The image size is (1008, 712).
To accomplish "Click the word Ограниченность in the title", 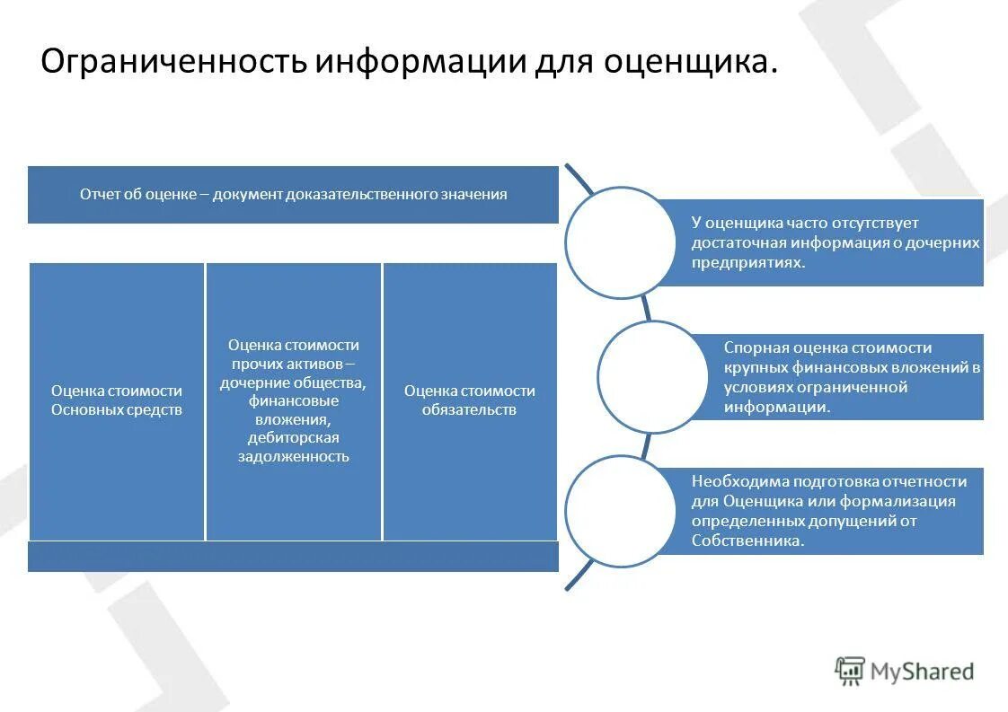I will click(174, 62).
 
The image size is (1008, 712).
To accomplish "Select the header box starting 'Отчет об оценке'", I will click(293, 195).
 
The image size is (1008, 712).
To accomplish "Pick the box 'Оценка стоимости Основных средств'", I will click(117, 401).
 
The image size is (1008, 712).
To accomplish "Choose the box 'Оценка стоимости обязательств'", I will click(470, 401).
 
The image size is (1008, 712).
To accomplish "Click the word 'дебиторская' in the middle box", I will click(294, 438).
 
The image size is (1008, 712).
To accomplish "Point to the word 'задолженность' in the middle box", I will click(294, 457).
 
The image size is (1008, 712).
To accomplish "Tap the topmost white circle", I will click(620, 242).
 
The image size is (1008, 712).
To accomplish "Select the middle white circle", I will click(652, 376).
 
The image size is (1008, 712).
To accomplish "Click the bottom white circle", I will click(620, 511).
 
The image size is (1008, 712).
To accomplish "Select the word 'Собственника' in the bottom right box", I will click(746, 541).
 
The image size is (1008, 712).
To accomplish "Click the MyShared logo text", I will click(922, 671).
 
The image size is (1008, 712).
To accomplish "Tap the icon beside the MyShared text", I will click(849, 670).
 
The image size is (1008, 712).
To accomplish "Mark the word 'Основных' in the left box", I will click(88, 410).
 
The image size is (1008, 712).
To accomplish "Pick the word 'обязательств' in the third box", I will click(470, 410).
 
